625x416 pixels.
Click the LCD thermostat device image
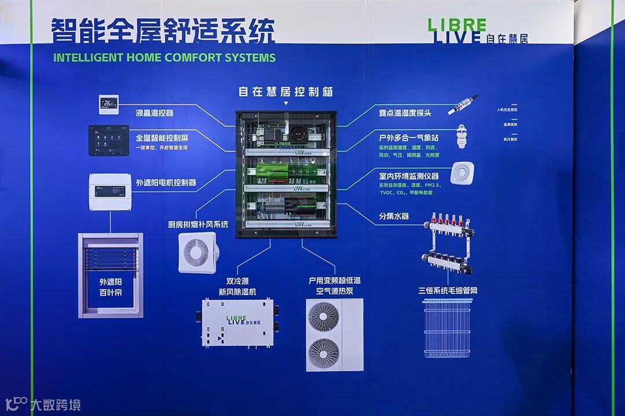click(x=108, y=104)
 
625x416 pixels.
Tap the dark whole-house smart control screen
click(x=109, y=140)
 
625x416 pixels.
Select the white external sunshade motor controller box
click(x=110, y=192)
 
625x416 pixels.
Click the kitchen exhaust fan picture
click(x=197, y=252)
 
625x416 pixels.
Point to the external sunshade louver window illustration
click(x=111, y=275)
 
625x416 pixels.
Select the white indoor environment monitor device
click(x=462, y=174)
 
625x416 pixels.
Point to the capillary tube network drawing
click(x=447, y=327)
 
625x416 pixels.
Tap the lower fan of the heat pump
click(x=323, y=353)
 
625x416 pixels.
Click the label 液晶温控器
click(x=155, y=113)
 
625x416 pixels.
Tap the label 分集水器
click(x=394, y=216)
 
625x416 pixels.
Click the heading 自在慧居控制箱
click(x=286, y=92)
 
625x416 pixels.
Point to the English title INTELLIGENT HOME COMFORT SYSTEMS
click(x=164, y=58)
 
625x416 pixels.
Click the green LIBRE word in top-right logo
click(x=457, y=25)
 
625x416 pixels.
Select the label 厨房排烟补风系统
click(x=198, y=224)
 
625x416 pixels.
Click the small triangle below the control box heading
click(x=285, y=104)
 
